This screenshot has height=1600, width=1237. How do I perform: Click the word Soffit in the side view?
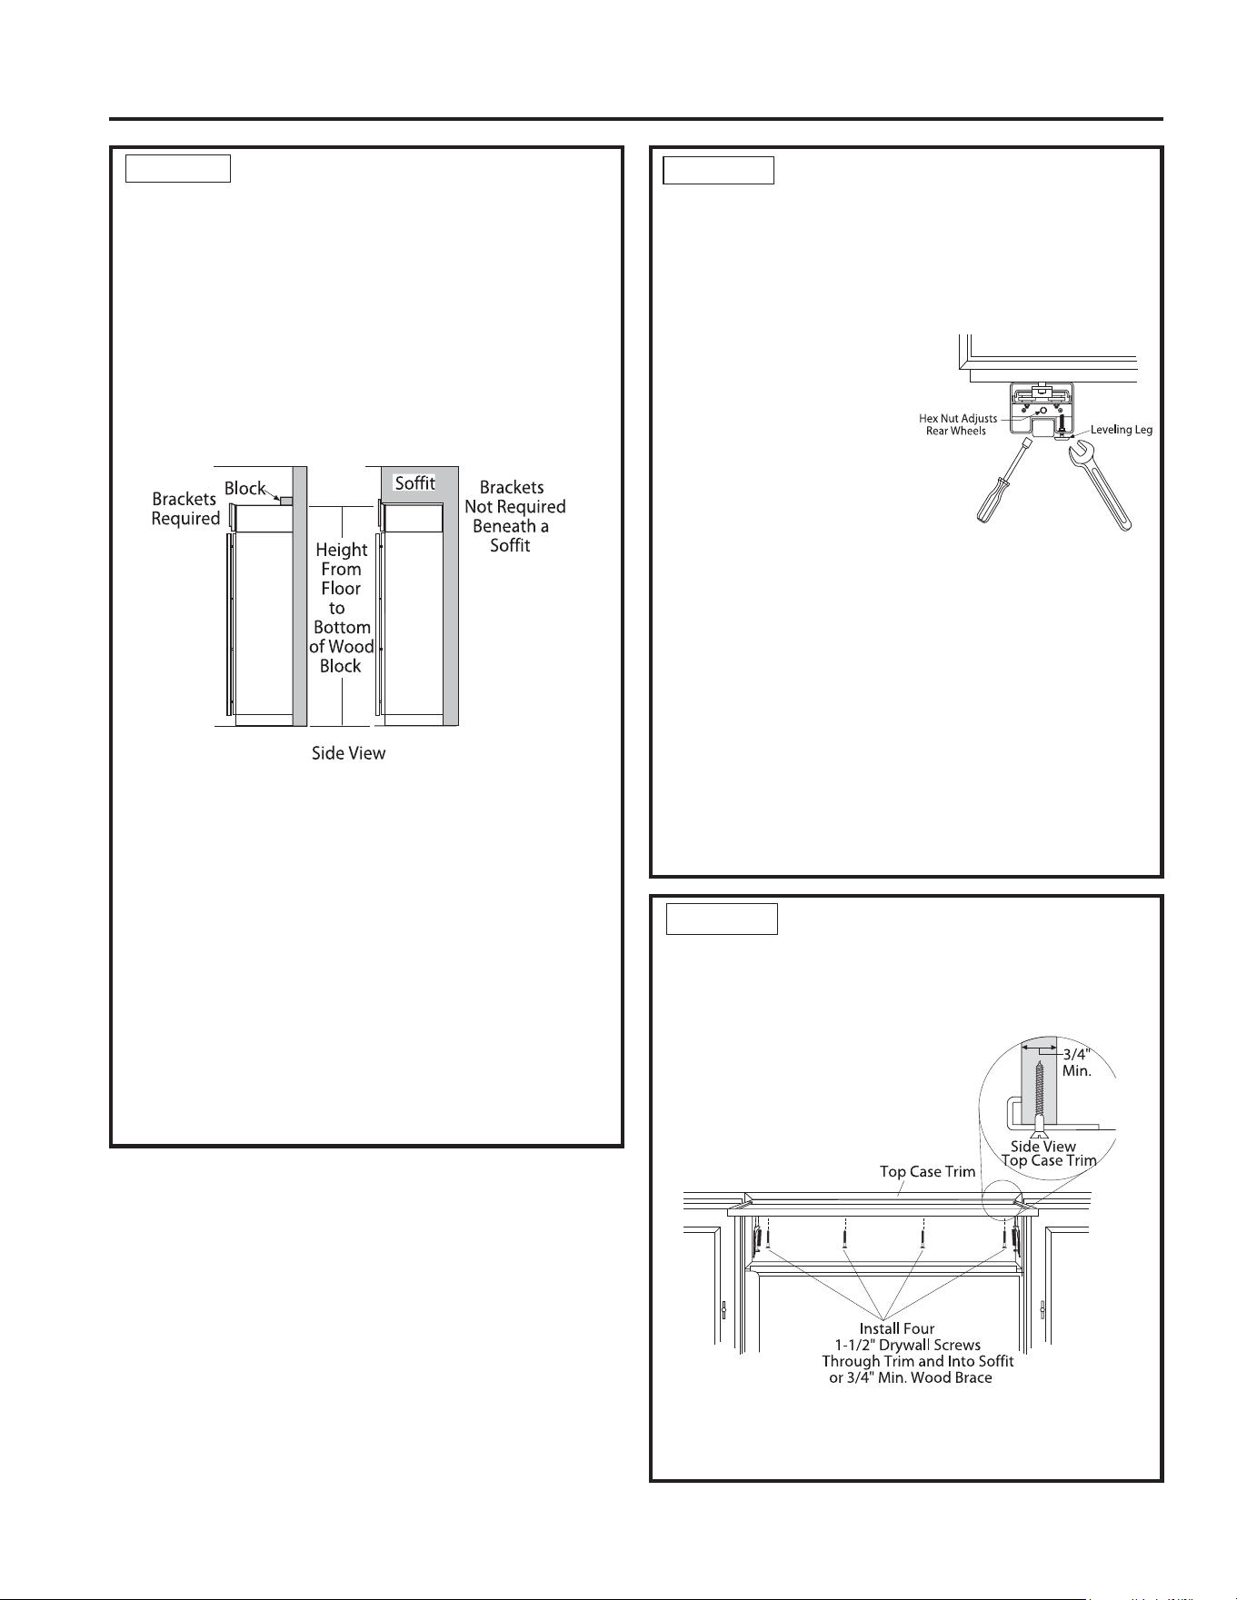click(414, 483)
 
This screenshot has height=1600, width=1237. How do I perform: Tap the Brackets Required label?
click(185, 509)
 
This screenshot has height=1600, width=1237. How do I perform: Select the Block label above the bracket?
click(245, 489)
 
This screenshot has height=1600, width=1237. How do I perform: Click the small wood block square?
click(286, 500)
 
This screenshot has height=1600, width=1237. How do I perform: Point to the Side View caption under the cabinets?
click(349, 753)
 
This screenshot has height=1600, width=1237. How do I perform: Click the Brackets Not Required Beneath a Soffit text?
click(514, 516)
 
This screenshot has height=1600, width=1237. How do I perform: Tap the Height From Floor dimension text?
click(342, 608)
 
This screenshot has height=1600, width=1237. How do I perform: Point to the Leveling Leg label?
click(1122, 430)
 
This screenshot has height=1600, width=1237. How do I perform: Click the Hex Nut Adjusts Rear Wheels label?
click(957, 424)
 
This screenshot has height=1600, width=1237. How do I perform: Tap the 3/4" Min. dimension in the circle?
click(1077, 1063)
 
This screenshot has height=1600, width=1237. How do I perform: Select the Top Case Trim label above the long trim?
click(927, 1171)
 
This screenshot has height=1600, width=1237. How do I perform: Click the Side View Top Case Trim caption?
click(1048, 1154)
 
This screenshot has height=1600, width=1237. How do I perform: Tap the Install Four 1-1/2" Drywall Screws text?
click(917, 1353)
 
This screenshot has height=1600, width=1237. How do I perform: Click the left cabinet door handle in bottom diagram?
click(723, 1310)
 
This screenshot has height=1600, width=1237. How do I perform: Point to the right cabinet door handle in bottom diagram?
click(1042, 1310)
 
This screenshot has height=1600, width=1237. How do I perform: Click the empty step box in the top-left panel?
click(177, 168)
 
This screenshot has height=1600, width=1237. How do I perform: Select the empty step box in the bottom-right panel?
click(722, 919)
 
